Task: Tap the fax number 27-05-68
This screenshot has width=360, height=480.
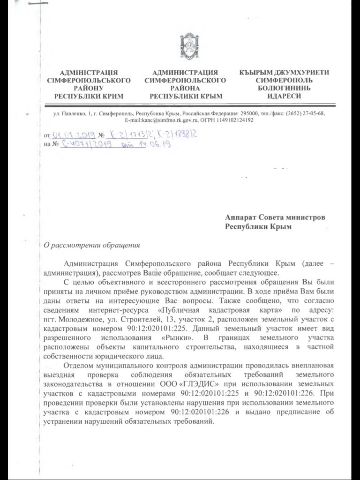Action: point(311,113)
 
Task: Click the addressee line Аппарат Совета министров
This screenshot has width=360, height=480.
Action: point(275,217)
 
